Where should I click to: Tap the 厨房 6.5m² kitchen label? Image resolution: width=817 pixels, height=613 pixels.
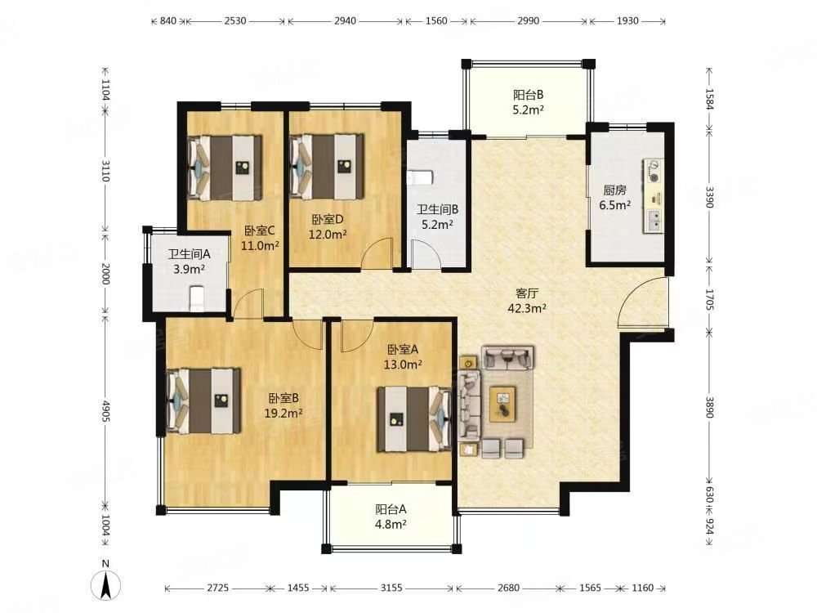click(615, 198)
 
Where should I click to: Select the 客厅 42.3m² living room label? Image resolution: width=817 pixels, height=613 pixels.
click(527, 301)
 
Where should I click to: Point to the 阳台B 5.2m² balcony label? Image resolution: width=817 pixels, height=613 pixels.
click(529, 102)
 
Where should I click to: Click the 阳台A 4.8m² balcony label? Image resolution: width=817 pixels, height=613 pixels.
click(391, 517)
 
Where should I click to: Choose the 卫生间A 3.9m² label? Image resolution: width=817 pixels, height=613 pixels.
click(189, 262)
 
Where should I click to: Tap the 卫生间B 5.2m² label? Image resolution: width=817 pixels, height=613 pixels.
click(437, 217)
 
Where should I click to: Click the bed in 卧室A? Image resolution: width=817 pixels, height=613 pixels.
click(414, 418)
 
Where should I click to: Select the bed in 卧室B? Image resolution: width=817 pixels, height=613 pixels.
click(203, 400)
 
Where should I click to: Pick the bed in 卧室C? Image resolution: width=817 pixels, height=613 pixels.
click(225, 168)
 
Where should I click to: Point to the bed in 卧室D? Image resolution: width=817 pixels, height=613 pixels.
click(327, 167)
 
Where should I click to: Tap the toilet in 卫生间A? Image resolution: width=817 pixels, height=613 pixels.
click(196, 298)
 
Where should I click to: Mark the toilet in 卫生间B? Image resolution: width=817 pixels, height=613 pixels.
click(420, 177)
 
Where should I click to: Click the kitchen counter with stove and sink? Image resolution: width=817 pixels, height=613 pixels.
click(654, 196)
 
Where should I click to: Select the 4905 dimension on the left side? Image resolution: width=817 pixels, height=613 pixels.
click(105, 412)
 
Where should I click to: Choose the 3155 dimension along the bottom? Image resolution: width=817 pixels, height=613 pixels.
click(391, 588)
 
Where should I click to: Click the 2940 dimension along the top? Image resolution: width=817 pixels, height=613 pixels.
click(345, 21)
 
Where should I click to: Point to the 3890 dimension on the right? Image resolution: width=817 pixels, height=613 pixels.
click(709, 406)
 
